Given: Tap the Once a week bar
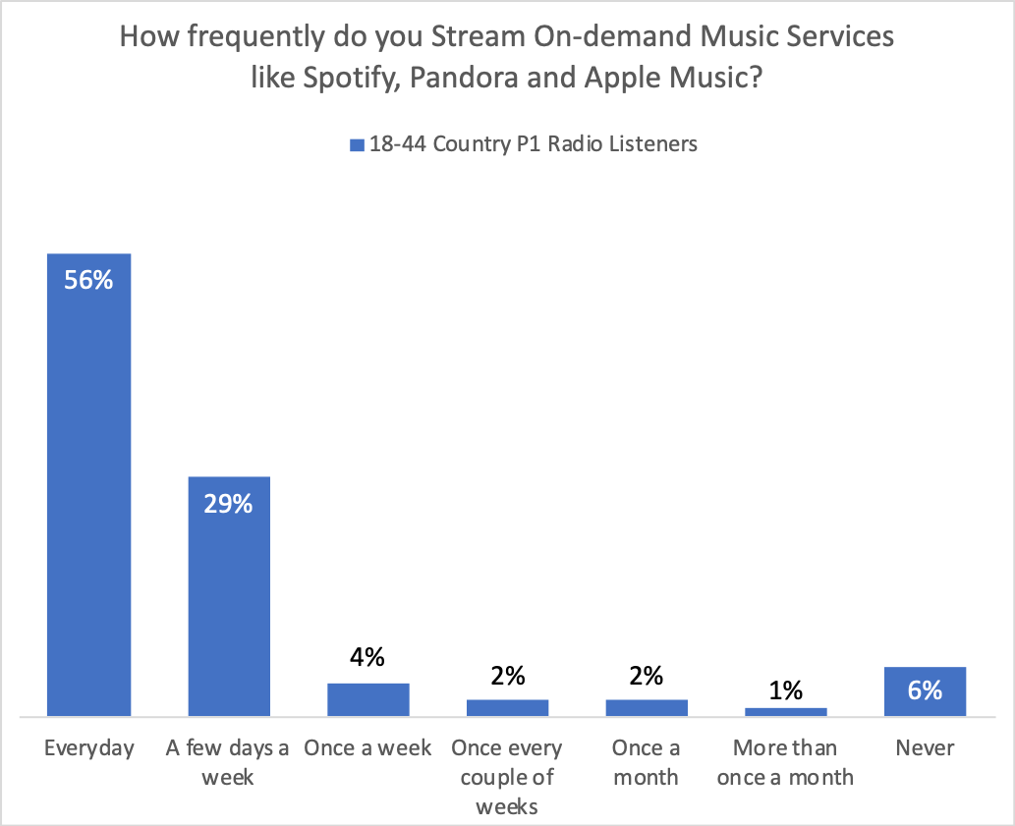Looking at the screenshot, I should [x=367, y=699].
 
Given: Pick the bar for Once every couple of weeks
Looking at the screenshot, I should [x=507, y=707].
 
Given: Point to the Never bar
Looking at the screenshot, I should [x=925, y=691].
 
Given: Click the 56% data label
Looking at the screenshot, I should [x=89, y=280].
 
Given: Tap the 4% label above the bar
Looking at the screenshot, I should [x=367, y=658].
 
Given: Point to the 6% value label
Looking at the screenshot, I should [x=925, y=690].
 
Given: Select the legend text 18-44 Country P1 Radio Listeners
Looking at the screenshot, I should [x=534, y=144].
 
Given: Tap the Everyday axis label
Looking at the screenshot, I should [x=89, y=748].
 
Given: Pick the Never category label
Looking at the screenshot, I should [x=925, y=748].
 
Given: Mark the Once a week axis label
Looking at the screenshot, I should [x=367, y=748].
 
